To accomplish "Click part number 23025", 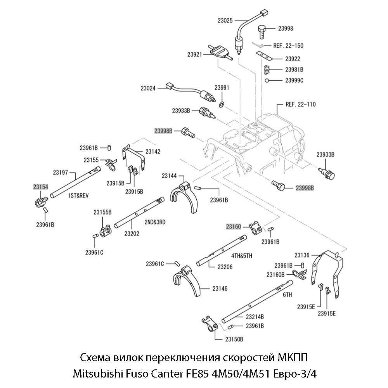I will click(224, 20).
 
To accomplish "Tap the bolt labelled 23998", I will click(262, 30).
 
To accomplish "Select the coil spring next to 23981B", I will click(267, 70).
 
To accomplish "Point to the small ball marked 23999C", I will click(267, 80).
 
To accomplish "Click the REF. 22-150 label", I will click(288, 45).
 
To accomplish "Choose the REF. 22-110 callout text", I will click(300, 104).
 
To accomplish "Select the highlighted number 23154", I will click(40, 187).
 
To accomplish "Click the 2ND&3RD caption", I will click(155, 222).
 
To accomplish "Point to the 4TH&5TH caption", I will click(242, 256).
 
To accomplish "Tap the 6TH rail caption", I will click(287, 295).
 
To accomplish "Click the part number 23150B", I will click(234, 339).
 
